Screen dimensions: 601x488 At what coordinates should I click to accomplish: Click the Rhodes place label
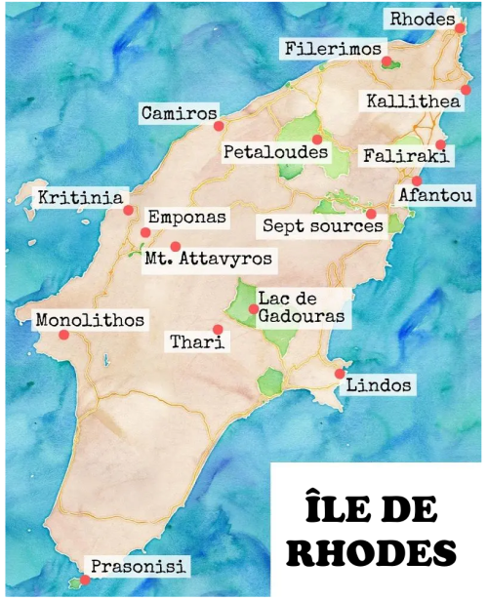[x=422, y=19]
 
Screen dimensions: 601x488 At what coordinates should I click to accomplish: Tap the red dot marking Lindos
[x=339, y=374]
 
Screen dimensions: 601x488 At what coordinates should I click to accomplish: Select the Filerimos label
[x=333, y=48]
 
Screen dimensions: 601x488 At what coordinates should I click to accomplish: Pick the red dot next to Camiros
[x=220, y=125]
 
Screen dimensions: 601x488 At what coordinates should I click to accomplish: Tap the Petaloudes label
[x=274, y=152]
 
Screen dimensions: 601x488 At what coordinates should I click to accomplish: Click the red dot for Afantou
[x=417, y=180]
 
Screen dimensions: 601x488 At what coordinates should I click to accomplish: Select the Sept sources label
[x=322, y=225]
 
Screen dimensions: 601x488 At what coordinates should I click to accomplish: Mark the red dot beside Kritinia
[x=128, y=209]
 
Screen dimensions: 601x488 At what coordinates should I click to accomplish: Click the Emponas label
[x=186, y=217]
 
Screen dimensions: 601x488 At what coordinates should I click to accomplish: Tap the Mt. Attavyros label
[x=208, y=260]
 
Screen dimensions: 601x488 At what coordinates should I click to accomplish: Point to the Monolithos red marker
[x=63, y=335]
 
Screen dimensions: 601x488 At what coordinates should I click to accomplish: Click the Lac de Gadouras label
[x=300, y=306]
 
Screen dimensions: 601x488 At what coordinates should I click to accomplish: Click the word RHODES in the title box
[x=376, y=550]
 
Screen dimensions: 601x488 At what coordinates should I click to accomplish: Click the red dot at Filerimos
[x=387, y=62]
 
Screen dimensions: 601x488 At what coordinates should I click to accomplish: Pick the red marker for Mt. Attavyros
[x=176, y=247]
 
